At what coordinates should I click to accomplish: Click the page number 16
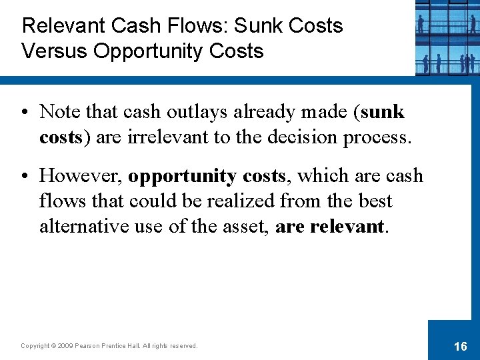tap(460, 346)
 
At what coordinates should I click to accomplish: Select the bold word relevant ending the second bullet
tap(346, 227)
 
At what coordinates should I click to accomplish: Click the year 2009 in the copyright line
tap(65, 346)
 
